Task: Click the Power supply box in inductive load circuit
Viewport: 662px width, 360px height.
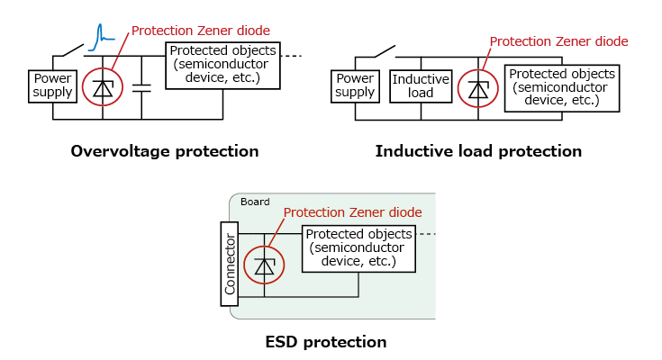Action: [355, 85]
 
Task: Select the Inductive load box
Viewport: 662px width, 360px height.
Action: [413, 85]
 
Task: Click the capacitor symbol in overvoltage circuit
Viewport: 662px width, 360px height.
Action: [141, 87]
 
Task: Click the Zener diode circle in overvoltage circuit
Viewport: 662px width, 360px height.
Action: [103, 87]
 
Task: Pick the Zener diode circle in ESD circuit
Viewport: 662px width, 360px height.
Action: [264, 265]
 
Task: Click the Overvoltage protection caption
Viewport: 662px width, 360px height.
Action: [165, 151]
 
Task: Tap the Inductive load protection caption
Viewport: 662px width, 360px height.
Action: [478, 151]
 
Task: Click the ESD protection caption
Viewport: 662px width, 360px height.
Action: [326, 342]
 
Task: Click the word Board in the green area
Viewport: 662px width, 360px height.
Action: [255, 202]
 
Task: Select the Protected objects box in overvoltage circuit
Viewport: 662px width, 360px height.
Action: [223, 65]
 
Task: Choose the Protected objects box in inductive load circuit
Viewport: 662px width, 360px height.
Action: [562, 87]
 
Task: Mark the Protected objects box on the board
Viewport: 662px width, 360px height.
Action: [358, 248]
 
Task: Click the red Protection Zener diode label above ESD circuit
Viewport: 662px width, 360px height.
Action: [352, 212]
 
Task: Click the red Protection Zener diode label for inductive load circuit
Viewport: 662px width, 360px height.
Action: [558, 41]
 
